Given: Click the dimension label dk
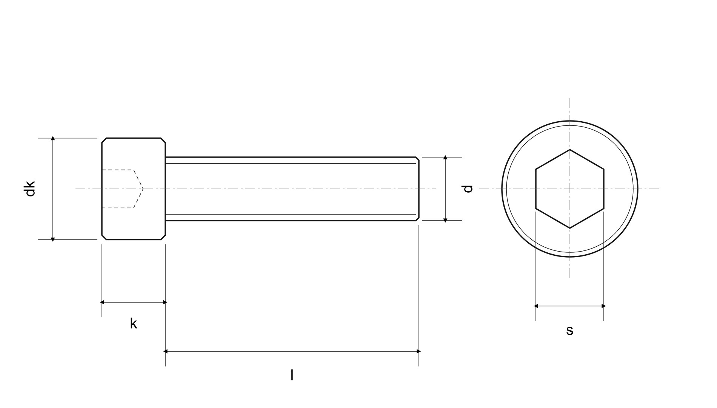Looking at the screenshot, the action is pyautogui.click(x=30, y=189).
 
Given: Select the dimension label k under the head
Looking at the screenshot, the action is pyautogui.click(x=134, y=323).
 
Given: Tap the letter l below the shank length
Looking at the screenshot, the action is pyautogui.click(x=292, y=375).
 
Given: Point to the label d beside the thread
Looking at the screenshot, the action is pyautogui.click(x=468, y=189).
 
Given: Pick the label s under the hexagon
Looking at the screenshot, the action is pyautogui.click(x=569, y=330).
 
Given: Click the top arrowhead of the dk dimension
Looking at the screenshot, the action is pyautogui.click(x=53, y=139).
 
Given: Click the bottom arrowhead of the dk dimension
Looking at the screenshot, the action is pyautogui.click(x=53, y=239).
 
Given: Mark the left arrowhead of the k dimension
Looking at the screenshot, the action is pyautogui.click(x=102, y=302).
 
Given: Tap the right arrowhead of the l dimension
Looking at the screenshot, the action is pyautogui.click(x=419, y=351).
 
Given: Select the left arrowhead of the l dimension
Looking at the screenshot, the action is pyautogui.click(x=165, y=351).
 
